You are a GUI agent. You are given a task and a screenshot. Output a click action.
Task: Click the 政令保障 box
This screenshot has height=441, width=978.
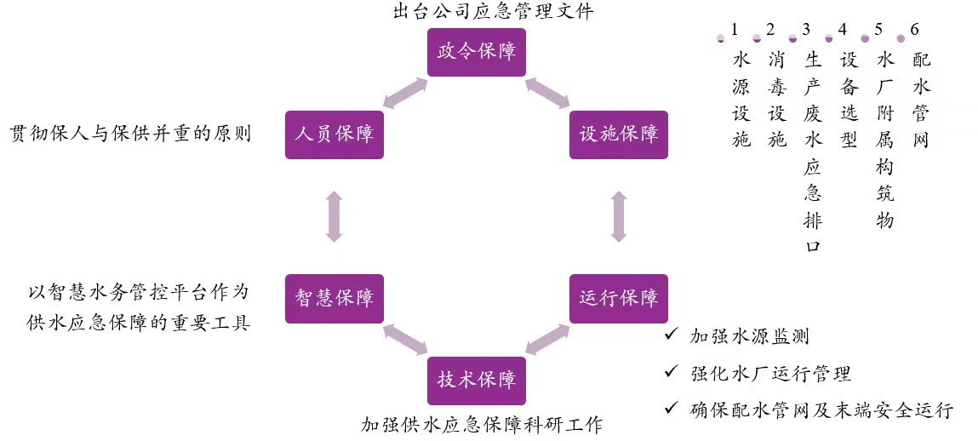[x=477, y=51]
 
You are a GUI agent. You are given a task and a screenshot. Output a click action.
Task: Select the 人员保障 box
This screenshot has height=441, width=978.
[x=334, y=134]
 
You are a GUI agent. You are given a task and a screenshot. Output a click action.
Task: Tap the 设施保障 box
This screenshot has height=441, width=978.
[x=619, y=134]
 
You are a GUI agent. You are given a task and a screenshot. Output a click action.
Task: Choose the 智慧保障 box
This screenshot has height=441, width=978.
[x=334, y=298]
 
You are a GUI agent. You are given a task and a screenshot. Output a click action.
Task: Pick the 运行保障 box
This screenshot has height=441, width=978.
[x=619, y=298]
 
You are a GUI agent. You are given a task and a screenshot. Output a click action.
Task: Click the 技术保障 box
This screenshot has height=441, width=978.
[x=477, y=380]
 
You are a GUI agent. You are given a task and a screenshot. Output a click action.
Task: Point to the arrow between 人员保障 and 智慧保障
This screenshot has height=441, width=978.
[x=334, y=216]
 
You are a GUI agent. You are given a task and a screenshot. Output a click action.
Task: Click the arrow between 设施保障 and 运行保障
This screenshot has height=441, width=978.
[x=619, y=216]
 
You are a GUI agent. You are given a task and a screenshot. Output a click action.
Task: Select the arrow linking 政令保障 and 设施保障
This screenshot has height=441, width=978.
[x=547, y=93]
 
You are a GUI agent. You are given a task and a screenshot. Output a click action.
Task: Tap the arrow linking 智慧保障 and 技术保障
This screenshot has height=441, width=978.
[x=405, y=339]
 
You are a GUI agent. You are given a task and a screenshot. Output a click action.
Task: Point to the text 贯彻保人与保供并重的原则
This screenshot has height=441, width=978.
[x=130, y=135]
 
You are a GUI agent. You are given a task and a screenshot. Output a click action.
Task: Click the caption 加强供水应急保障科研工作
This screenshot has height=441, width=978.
[x=481, y=424]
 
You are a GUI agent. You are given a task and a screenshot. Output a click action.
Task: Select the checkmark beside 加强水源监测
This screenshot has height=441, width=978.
[x=672, y=335]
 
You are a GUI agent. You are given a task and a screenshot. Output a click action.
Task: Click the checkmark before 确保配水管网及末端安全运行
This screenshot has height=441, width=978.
[x=672, y=409]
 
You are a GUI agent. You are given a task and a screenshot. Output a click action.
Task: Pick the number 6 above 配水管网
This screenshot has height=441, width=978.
[x=914, y=29]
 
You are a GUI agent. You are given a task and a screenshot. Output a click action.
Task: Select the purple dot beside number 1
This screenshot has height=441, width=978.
[x=721, y=38]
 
